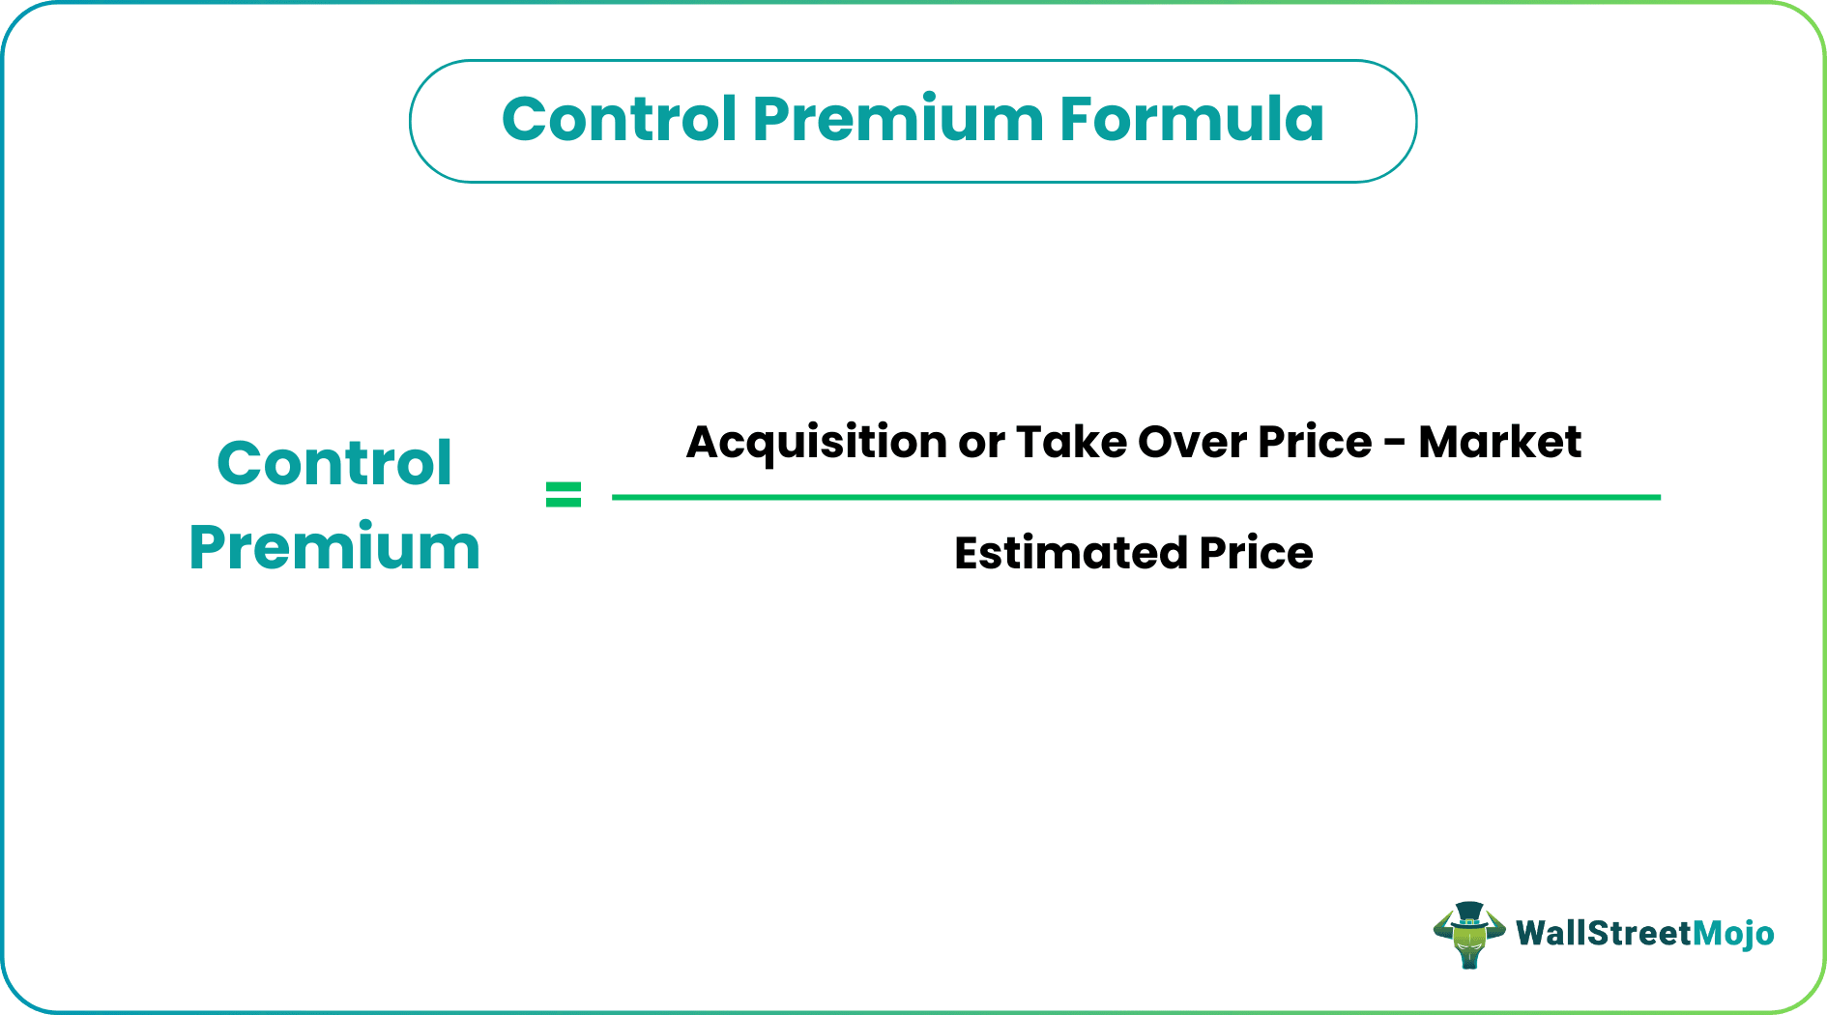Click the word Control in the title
(x=620, y=120)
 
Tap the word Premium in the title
(x=898, y=120)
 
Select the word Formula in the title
(x=1191, y=120)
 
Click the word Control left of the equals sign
(x=334, y=463)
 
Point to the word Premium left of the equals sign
(x=334, y=548)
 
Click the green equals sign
(x=564, y=495)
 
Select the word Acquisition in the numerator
(x=816, y=443)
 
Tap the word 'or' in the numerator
(x=982, y=443)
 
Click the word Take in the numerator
(x=1071, y=443)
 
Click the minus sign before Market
(x=1394, y=445)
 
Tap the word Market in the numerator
(x=1499, y=443)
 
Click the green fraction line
(x=1136, y=497)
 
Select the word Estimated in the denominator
(x=1070, y=554)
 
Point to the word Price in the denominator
(x=1256, y=554)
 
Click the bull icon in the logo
(x=1468, y=935)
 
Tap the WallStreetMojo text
(x=1644, y=934)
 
